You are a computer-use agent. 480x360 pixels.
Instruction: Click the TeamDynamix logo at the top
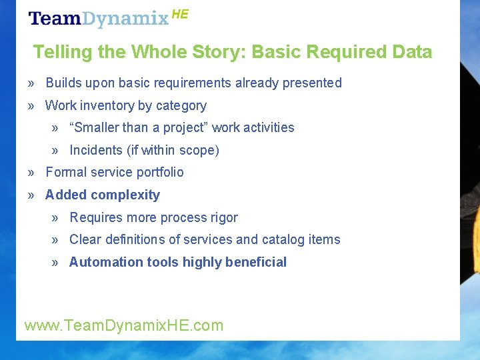(x=100, y=19)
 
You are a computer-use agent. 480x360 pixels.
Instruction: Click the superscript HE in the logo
(x=180, y=14)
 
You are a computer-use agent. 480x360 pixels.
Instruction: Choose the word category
(x=181, y=105)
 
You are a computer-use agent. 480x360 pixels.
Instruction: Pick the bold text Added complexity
(x=103, y=195)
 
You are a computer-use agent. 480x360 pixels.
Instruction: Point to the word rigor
(x=223, y=217)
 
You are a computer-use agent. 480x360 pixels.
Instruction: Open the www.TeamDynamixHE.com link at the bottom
(x=124, y=325)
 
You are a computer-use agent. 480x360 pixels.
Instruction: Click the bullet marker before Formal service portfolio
(x=31, y=172)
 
